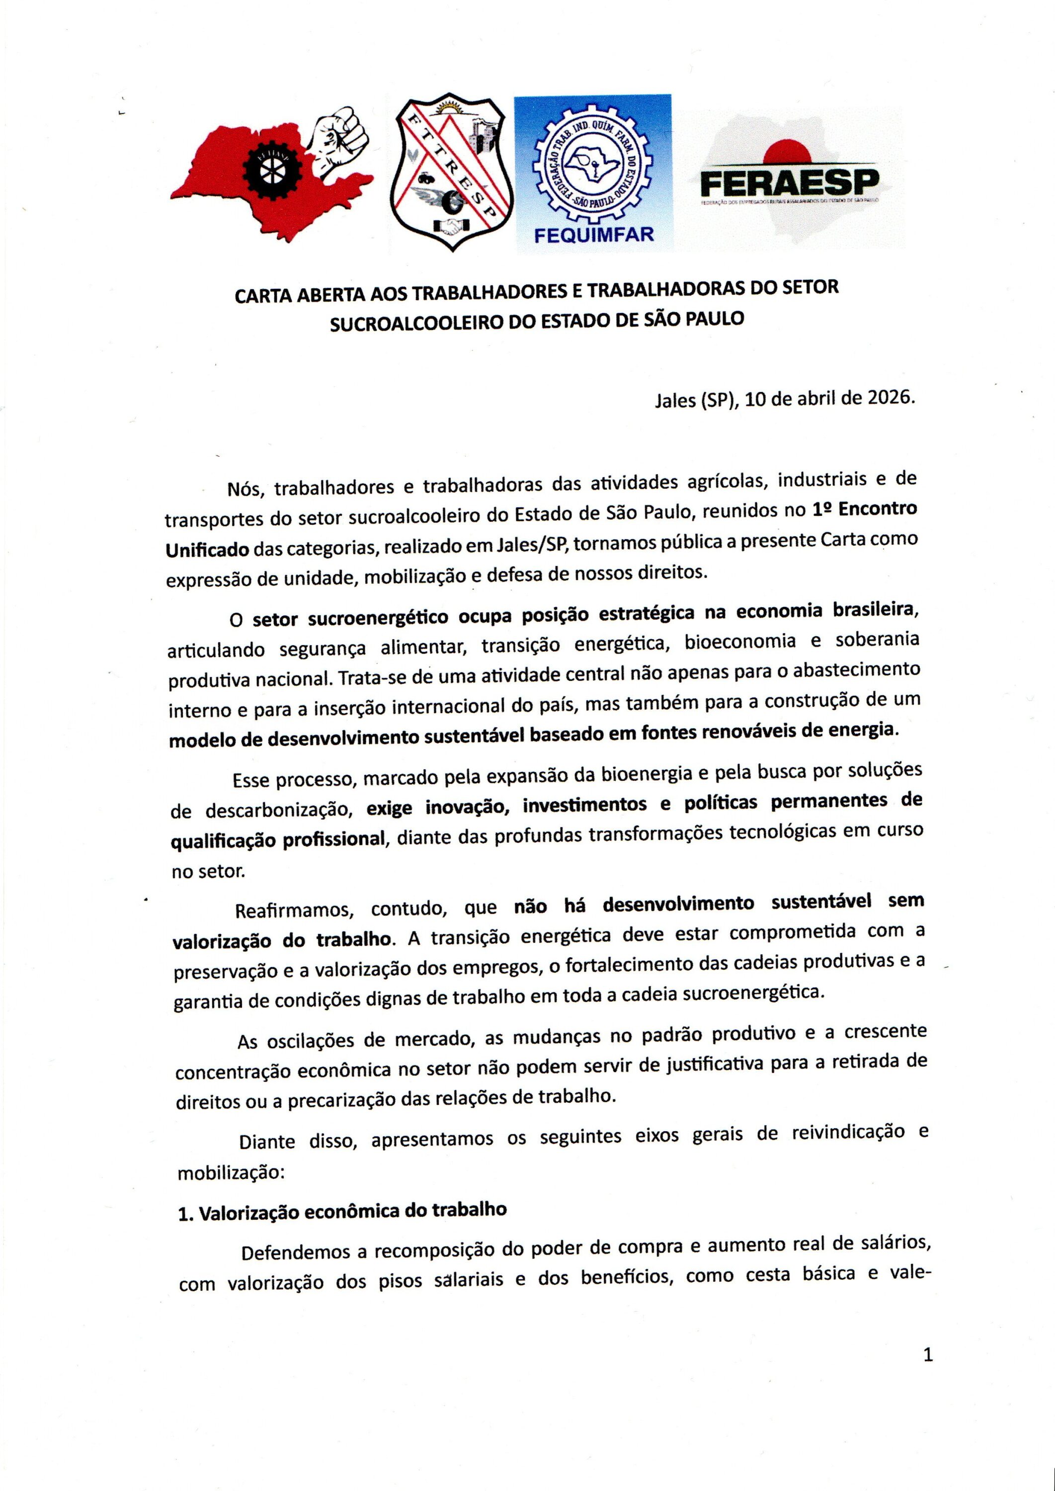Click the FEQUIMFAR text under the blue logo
pos(593,235)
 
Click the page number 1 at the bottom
pos(928,1355)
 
